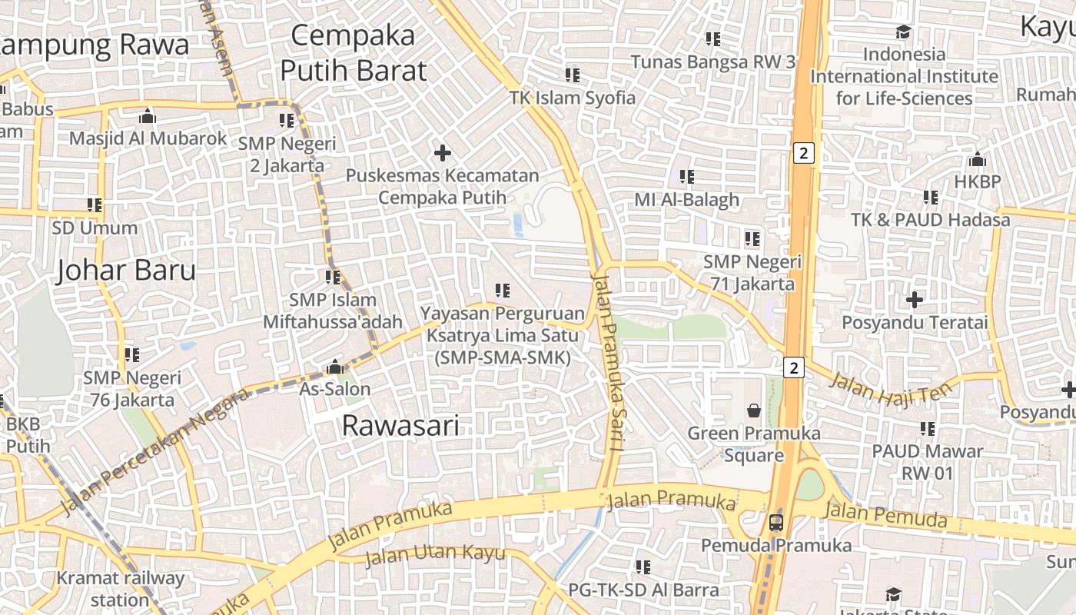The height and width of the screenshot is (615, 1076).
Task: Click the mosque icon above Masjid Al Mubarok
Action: (x=147, y=116)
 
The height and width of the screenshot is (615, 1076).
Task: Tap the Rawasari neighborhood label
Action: (x=400, y=425)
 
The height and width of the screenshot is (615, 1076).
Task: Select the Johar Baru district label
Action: (x=126, y=270)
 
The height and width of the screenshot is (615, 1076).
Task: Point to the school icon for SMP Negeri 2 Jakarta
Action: (x=287, y=121)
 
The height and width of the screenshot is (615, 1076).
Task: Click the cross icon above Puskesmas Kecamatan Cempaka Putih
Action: (x=443, y=153)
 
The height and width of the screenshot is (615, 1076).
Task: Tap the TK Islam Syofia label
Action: (x=573, y=98)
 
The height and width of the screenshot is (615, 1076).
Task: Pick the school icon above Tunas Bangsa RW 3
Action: (x=713, y=38)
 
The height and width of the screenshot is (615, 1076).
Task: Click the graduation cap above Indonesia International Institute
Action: (x=903, y=32)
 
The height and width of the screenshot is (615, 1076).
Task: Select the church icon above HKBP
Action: (x=978, y=160)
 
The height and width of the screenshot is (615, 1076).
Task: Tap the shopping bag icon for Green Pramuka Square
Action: (x=754, y=411)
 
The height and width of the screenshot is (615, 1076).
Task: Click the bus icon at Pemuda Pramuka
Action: (x=776, y=523)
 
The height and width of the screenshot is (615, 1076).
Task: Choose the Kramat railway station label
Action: (x=121, y=588)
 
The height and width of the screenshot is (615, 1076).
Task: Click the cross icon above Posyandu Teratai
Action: (x=915, y=299)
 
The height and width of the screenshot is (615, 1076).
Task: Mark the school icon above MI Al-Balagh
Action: (x=687, y=177)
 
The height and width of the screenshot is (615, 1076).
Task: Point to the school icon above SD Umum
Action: (x=95, y=205)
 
